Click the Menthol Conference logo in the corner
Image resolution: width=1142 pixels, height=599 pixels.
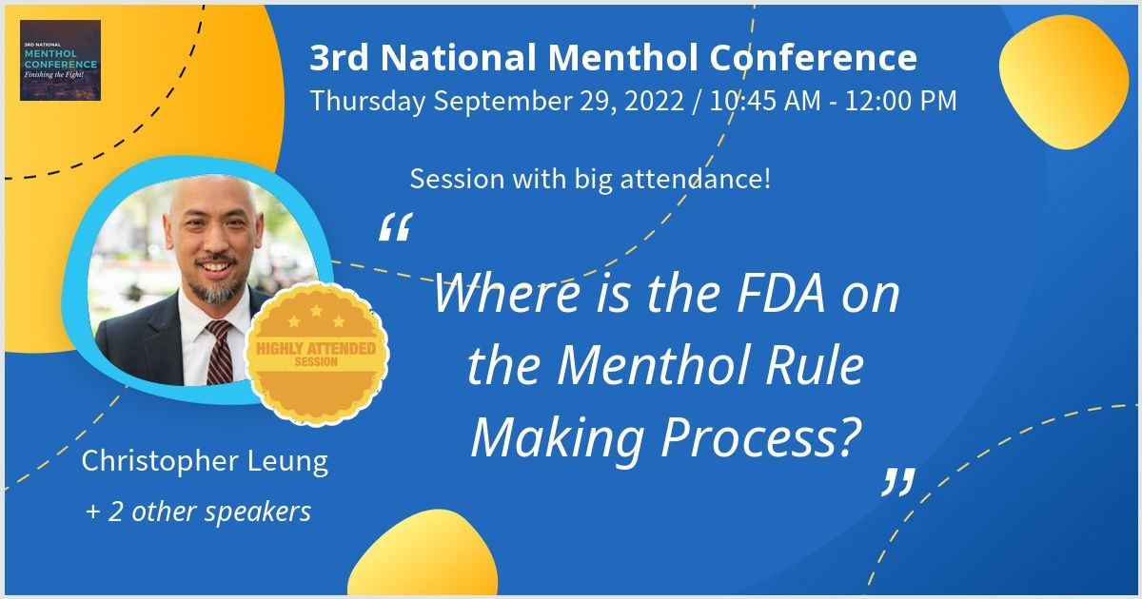[x=60, y=60]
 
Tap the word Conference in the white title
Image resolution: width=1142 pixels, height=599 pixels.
[x=813, y=57]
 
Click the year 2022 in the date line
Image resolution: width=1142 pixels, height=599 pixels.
[x=654, y=101]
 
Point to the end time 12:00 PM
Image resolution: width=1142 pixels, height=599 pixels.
[x=901, y=101]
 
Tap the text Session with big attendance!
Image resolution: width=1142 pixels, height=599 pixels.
[x=590, y=179]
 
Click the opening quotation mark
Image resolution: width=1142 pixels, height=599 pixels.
[x=396, y=226]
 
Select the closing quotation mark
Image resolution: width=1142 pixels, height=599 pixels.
[x=898, y=482]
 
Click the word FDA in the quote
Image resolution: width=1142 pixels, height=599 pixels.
[x=780, y=295]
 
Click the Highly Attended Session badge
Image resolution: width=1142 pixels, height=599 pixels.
[x=316, y=354]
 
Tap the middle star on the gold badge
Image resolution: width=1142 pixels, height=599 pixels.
[x=317, y=310]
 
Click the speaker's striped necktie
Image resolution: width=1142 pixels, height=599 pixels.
[x=219, y=353]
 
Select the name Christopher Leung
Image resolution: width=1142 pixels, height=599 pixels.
[x=205, y=461]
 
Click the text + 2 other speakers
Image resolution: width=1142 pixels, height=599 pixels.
[x=198, y=512]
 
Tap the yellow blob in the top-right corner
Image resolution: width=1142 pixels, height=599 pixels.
[x=1064, y=82]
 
